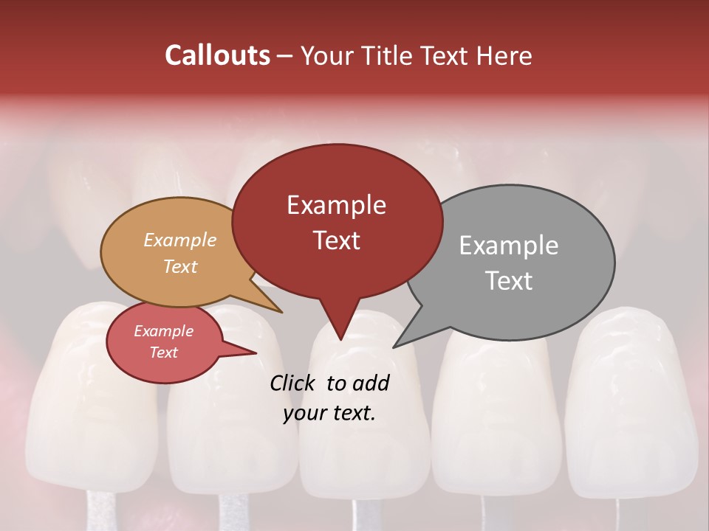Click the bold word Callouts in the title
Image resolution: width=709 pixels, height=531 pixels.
pos(217,55)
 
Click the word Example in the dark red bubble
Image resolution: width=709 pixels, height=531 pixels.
pos(336,205)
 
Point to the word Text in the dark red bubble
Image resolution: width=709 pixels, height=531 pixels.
pos(336,240)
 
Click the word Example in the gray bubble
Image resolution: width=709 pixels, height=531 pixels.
pos(509,246)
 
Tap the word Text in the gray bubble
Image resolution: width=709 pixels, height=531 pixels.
pos(509,281)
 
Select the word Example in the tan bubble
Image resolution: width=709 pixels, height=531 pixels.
pos(180,240)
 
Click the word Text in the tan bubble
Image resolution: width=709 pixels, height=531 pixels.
pos(180,266)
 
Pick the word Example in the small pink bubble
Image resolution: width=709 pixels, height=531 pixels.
pos(163,331)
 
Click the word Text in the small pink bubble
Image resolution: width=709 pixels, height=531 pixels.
pos(163,353)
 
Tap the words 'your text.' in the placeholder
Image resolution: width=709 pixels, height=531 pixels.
pos(329,414)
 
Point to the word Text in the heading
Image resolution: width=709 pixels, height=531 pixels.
pos(439,55)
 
